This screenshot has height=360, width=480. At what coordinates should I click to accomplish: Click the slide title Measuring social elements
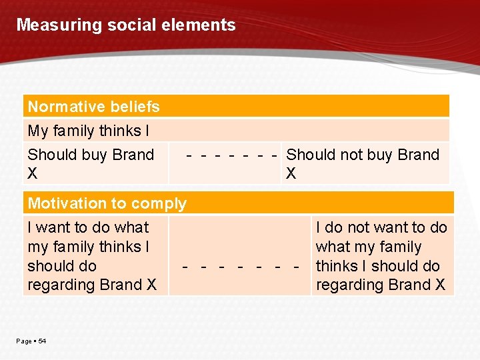pyautogui.click(x=126, y=25)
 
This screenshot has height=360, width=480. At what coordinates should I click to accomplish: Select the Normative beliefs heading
pyautogui.click(x=93, y=107)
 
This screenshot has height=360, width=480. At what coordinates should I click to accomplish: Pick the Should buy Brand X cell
pyautogui.click(x=91, y=164)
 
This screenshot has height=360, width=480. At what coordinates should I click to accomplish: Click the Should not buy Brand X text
pyautogui.click(x=363, y=164)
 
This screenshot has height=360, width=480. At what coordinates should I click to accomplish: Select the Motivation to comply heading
pyautogui.click(x=107, y=203)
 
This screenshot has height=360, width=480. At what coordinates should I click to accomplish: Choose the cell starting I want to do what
pyautogui.click(x=92, y=256)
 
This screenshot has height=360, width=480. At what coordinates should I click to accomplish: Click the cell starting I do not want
pyautogui.click(x=381, y=256)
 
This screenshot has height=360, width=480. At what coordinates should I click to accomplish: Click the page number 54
pyautogui.click(x=42, y=341)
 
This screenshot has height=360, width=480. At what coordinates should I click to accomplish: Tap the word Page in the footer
pyautogui.click(x=24, y=341)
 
